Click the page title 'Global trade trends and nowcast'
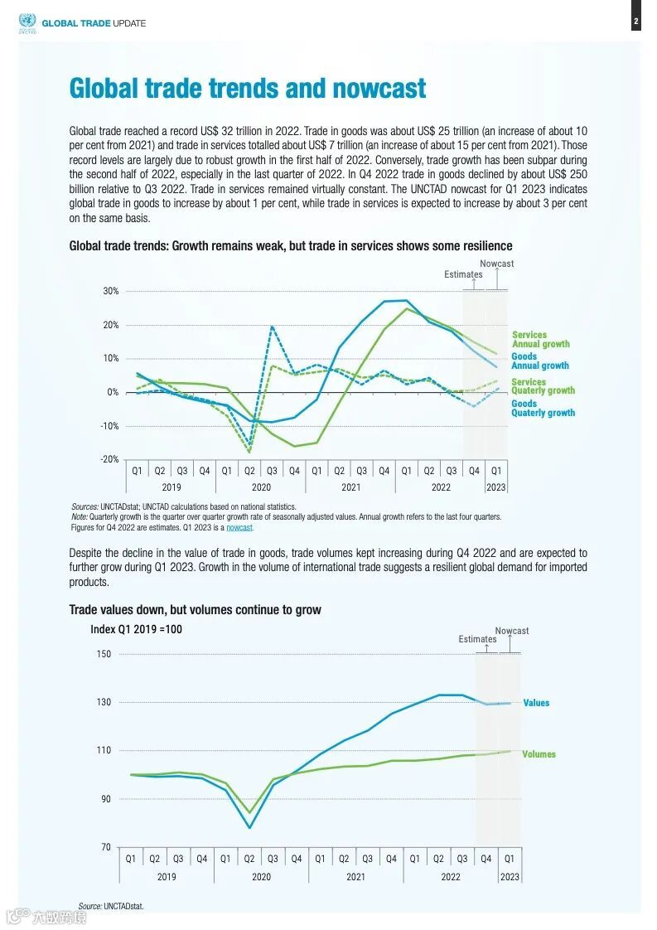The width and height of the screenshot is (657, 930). (248, 89)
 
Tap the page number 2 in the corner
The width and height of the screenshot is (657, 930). (635, 22)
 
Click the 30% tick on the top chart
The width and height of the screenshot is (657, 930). (110, 292)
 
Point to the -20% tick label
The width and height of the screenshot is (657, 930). (109, 459)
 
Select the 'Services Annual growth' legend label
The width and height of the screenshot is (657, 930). (540, 340)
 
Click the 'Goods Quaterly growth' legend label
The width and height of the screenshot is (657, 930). (543, 409)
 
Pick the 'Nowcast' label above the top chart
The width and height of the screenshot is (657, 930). (497, 264)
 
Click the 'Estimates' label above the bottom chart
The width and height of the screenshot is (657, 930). (478, 639)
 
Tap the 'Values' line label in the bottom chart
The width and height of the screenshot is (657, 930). (536, 703)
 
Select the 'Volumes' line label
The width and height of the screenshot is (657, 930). (539, 754)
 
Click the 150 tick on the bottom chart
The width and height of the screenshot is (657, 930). (104, 654)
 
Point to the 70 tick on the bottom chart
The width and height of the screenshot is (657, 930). (106, 847)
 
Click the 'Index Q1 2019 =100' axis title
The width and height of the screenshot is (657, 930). (136, 630)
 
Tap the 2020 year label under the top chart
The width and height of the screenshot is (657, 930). (261, 487)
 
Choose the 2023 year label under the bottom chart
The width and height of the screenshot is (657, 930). (510, 876)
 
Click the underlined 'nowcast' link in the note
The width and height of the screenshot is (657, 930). (239, 527)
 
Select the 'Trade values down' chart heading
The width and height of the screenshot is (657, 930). (195, 610)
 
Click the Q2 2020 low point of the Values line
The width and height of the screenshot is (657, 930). (249, 827)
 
